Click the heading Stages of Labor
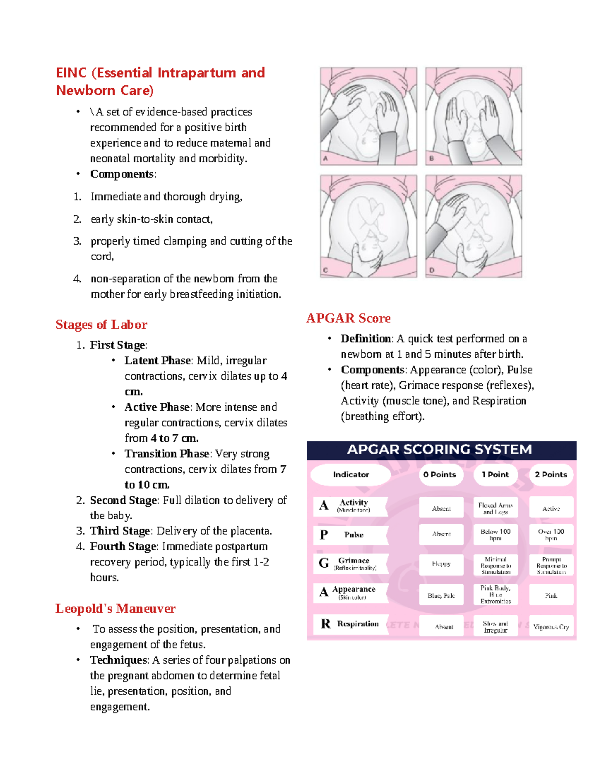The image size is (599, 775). (x=101, y=325)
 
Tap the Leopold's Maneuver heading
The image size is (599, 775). (x=115, y=609)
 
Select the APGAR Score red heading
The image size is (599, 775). (x=348, y=318)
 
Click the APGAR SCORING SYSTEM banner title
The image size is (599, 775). (x=439, y=450)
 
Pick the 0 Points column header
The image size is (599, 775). (x=440, y=475)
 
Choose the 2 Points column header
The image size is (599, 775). (x=551, y=475)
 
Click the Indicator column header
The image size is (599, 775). (x=351, y=475)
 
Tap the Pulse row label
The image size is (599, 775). (x=353, y=535)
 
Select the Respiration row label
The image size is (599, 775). (x=357, y=624)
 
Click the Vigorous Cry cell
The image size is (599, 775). (x=551, y=627)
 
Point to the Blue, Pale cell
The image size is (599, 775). (x=441, y=596)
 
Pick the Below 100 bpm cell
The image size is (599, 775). (x=495, y=535)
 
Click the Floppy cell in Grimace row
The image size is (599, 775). (x=441, y=564)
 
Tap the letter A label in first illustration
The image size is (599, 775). (x=326, y=159)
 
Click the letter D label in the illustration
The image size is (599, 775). (x=432, y=270)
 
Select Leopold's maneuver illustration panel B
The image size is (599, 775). (x=473, y=116)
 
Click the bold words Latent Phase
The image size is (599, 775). (x=157, y=361)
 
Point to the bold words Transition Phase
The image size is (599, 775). (x=167, y=454)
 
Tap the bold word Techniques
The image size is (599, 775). (x=119, y=660)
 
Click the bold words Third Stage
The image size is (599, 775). (x=120, y=531)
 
